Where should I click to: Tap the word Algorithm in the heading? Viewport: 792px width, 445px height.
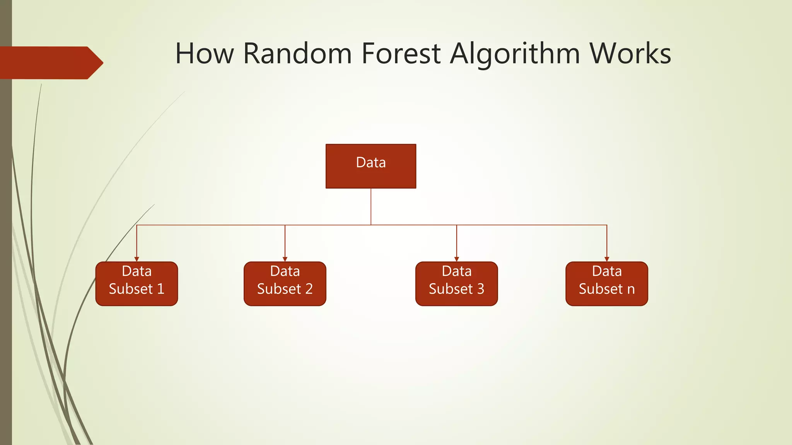click(515, 54)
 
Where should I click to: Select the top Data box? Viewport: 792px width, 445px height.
click(370, 166)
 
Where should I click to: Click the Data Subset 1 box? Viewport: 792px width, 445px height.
click(137, 284)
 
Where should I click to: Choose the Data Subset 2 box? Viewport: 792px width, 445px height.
click(285, 284)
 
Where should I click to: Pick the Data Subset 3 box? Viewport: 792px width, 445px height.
click(456, 284)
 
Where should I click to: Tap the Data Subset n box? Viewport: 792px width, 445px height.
click(606, 284)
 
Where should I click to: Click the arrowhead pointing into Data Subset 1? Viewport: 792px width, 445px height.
click(137, 259)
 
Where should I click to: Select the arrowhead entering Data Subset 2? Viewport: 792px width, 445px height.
click(285, 259)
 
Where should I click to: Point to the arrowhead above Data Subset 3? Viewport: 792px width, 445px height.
click(457, 259)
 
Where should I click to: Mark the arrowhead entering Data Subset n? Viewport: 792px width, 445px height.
click(607, 259)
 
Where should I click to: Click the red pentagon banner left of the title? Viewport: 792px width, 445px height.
click(50, 63)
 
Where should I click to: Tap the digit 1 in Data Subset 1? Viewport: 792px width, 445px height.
click(160, 289)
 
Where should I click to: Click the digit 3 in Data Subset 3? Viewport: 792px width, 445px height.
click(480, 289)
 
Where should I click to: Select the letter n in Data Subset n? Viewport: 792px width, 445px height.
click(631, 290)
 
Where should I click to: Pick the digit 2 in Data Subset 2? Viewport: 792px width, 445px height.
click(309, 289)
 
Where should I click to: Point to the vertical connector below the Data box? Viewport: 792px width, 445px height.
click(371, 206)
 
